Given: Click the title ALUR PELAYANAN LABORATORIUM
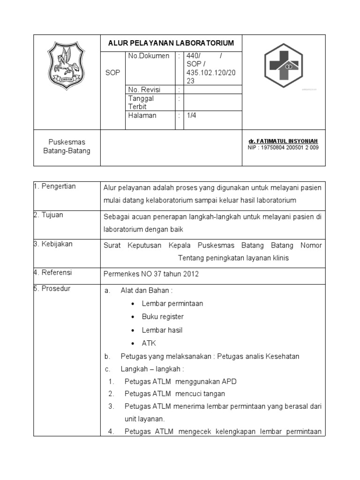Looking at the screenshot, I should (171, 43).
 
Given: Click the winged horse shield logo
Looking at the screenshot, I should (67, 67).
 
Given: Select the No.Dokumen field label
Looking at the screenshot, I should (149, 56).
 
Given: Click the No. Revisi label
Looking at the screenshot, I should (144, 90).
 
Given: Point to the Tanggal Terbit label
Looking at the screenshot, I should (141, 102).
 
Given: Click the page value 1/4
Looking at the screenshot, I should (191, 115).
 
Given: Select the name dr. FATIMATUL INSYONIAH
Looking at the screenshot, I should (283, 141).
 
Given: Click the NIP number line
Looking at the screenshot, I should (283, 148).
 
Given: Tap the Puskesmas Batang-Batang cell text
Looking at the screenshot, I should (67, 146).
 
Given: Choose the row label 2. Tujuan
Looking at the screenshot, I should (48, 215).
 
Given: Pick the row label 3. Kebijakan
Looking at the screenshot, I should (53, 244).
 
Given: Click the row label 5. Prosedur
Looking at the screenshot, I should (52, 289).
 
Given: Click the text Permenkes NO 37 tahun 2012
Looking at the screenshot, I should (151, 274).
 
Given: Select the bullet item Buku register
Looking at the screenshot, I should (163, 317).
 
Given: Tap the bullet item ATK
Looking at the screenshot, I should (149, 343).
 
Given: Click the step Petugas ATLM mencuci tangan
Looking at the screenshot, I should (174, 393).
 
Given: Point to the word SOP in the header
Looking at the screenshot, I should (112, 73).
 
